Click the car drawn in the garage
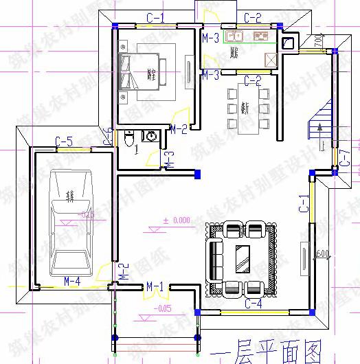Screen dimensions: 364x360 click(x=69, y=220)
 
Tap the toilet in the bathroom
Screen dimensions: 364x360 click(x=129, y=139)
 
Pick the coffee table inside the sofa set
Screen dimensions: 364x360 click(x=243, y=256)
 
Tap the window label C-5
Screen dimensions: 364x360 click(x=64, y=141)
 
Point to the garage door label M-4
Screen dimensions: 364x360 click(x=72, y=280)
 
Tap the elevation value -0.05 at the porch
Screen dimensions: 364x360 click(x=164, y=308)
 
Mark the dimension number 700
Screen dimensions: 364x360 click(x=319, y=43)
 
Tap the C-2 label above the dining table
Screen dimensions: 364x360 click(x=253, y=81)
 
